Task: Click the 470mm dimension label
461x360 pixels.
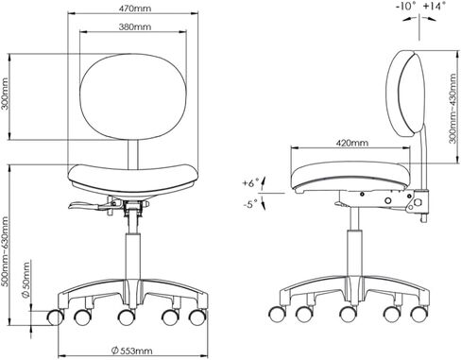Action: pos(134,9)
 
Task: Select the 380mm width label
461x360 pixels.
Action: pos(134,26)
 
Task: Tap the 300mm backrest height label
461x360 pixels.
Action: pos(5,94)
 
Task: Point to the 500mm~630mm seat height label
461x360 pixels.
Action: pos(5,251)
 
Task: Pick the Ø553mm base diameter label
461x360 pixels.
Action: pos(132,351)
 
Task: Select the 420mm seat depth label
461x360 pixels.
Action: pos(352,143)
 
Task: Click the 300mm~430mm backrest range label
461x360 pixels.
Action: pos(452,109)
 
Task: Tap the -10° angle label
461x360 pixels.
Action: pos(406,6)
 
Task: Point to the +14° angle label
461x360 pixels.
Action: pos(435,6)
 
